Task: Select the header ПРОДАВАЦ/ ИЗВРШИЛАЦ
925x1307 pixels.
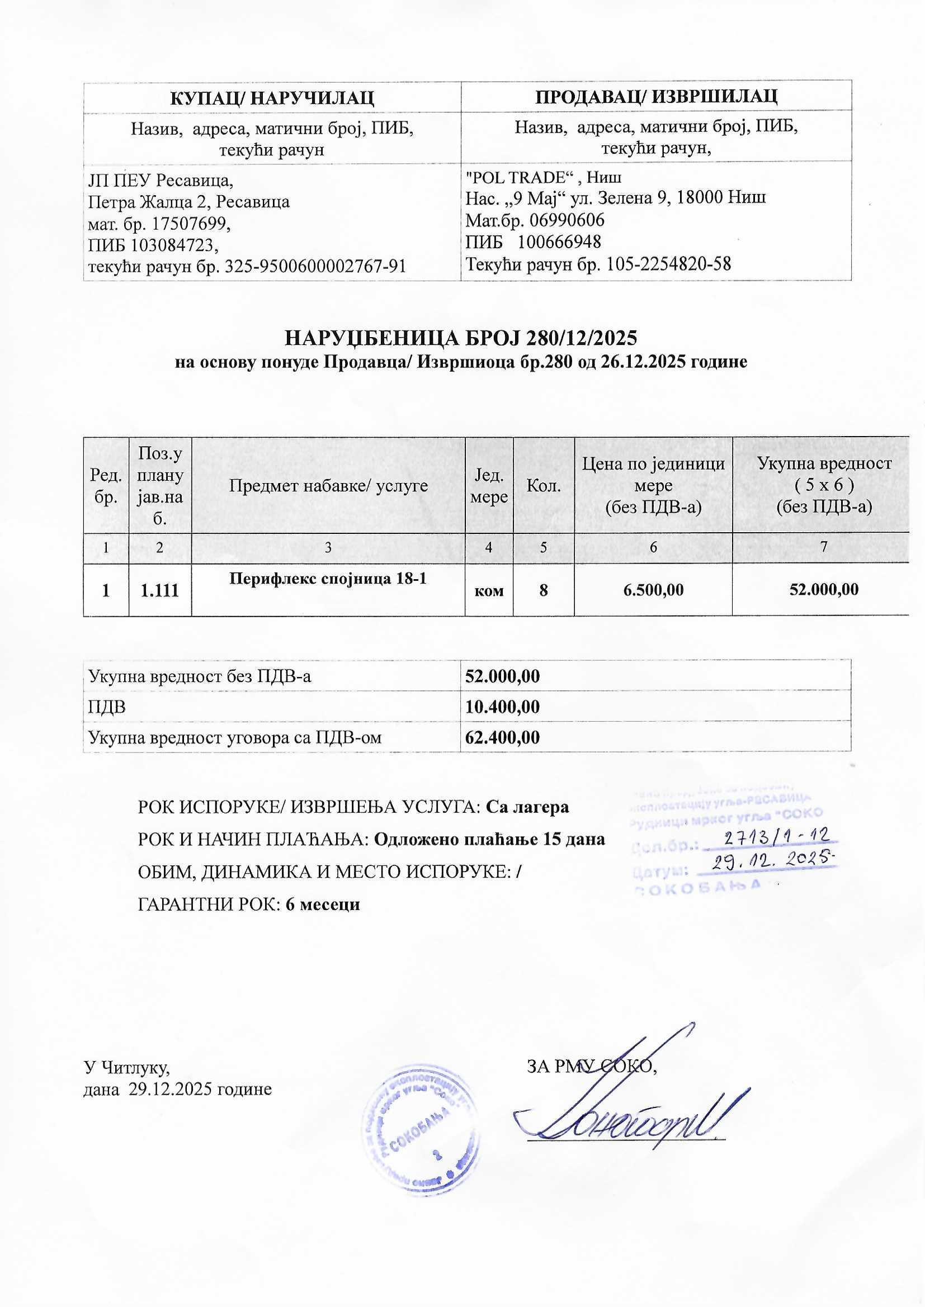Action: tap(656, 96)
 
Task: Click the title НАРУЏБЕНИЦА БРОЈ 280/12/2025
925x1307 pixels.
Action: tap(460, 338)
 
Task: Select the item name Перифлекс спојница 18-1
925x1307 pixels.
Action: tap(328, 579)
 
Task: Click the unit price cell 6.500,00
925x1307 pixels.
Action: tap(653, 590)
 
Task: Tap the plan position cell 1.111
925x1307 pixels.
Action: tap(159, 590)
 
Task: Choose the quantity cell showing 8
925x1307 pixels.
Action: tap(544, 590)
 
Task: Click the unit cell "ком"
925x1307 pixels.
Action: tap(489, 591)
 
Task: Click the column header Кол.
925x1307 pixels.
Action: tap(544, 486)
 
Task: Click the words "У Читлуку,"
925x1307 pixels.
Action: tap(126, 1066)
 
